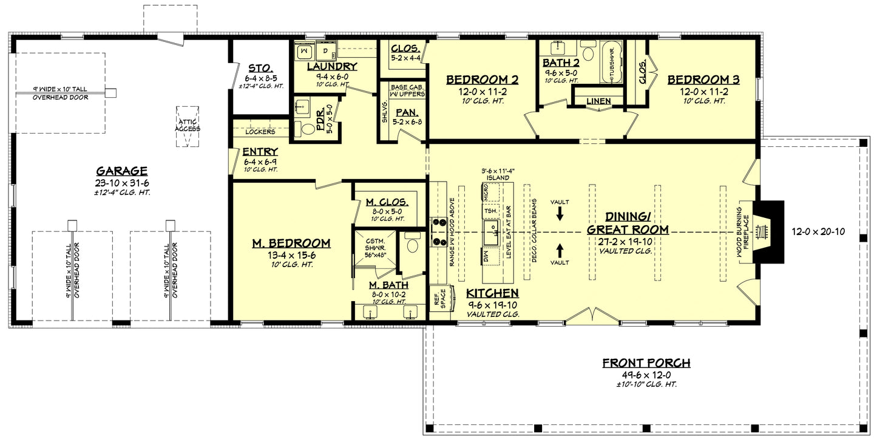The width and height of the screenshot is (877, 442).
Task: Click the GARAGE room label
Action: [121, 171]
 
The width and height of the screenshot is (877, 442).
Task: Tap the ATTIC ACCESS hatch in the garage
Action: [188, 127]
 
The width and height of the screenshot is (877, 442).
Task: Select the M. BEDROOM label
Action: [291, 243]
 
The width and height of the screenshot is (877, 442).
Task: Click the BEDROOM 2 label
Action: [483, 80]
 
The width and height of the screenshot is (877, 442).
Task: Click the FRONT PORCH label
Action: [646, 363]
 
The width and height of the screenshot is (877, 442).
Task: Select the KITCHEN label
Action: [493, 293]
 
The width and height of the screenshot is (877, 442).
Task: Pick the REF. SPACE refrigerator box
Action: [439, 298]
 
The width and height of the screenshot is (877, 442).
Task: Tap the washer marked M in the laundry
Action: [305, 51]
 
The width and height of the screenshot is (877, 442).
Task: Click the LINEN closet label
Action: [598, 101]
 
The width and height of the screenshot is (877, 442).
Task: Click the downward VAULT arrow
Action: [560, 213]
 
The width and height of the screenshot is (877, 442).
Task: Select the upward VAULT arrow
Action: [560, 250]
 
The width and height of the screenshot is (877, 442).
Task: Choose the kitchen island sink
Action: [491, 231]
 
